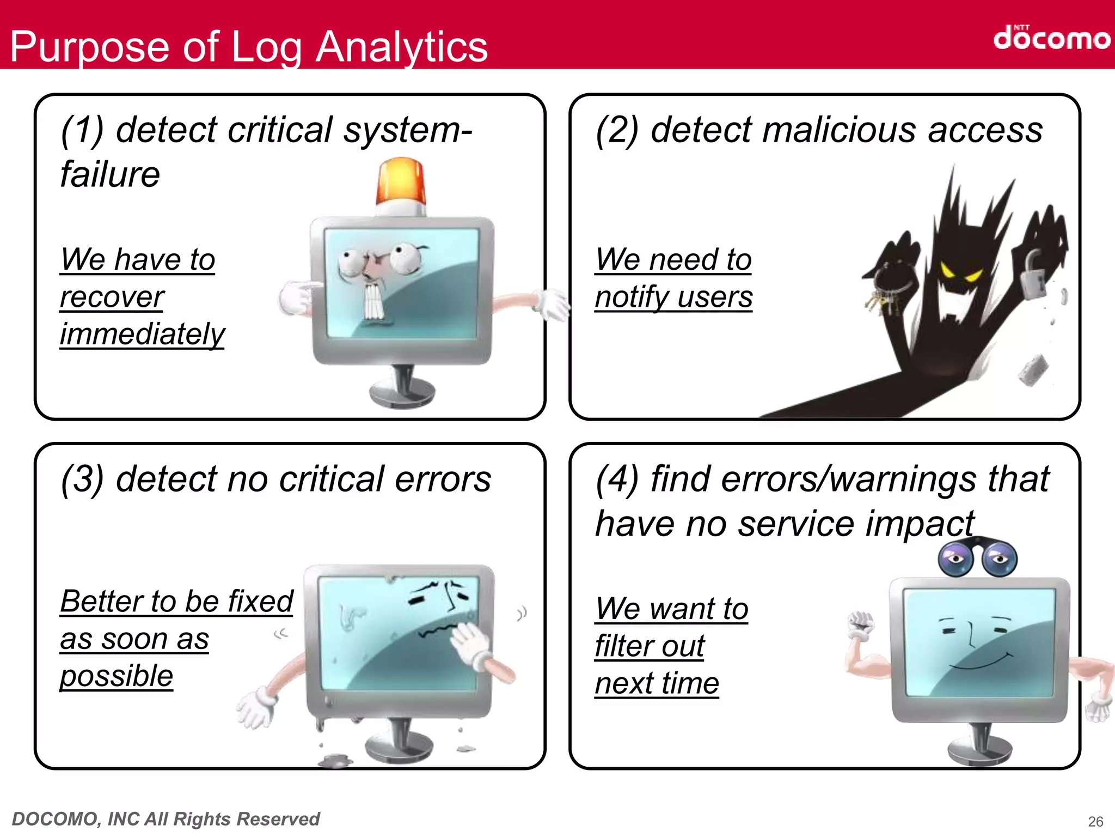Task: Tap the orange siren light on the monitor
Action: pos(401,183)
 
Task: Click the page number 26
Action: pos(1095,821)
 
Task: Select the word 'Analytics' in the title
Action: pos(401,47)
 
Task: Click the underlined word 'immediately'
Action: pos(142,334)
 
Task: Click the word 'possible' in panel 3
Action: pos(117,676)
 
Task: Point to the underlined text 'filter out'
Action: pos(650,646)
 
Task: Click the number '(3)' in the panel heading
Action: pos(82,480)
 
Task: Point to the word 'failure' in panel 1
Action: pos(110,175)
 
